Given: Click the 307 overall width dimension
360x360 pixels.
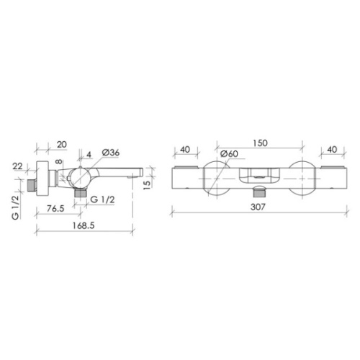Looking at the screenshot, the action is [258, 207].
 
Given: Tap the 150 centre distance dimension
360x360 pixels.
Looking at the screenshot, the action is [260, 143].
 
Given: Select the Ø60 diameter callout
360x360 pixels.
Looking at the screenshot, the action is [229, 154].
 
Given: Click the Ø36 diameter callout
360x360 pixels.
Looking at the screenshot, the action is [110, 153].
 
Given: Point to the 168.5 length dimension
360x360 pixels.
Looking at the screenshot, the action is [84, 225].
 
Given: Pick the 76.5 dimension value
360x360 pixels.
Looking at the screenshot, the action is [55, 208].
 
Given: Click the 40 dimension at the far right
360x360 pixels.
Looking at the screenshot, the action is [332, 150].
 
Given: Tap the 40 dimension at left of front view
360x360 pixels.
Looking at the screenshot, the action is [185, 150].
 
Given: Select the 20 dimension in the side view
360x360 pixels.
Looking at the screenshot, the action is [62, 145].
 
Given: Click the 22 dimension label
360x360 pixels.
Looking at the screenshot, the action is [17, 166].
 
